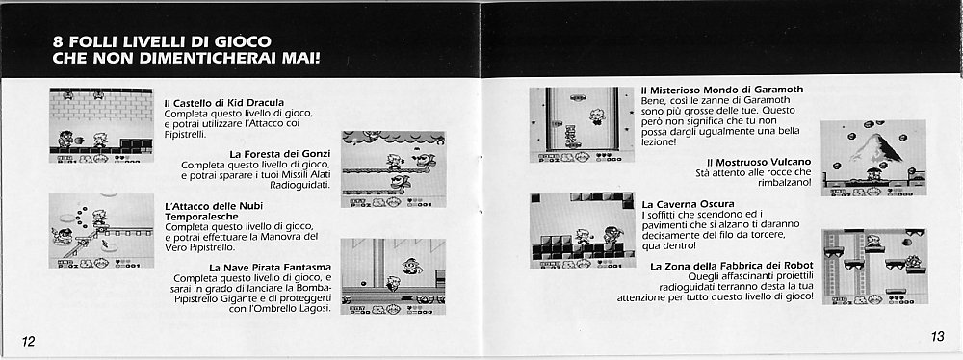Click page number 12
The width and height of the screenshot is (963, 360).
(x=29, y=342)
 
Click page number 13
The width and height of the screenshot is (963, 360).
(x=937, y=337)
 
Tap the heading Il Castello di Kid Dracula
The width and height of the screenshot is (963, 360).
(x=224, y=103)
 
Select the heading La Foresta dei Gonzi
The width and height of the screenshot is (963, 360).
(x=280, y=154)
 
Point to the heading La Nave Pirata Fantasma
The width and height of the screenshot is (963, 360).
(x=271, y=268)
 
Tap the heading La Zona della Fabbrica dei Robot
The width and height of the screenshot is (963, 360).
(x=732, y=266)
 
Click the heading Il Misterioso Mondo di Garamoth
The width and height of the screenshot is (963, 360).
(x=722, y=90)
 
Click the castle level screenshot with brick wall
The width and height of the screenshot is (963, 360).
(x=101, y=125)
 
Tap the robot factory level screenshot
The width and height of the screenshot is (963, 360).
(x=874, y=267)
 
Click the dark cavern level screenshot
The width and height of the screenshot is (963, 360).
(x=583, y=230)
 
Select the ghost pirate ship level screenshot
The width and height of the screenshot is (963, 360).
(x=393, y=276)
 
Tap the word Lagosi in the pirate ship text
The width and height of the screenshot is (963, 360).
(x=315, y=308)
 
